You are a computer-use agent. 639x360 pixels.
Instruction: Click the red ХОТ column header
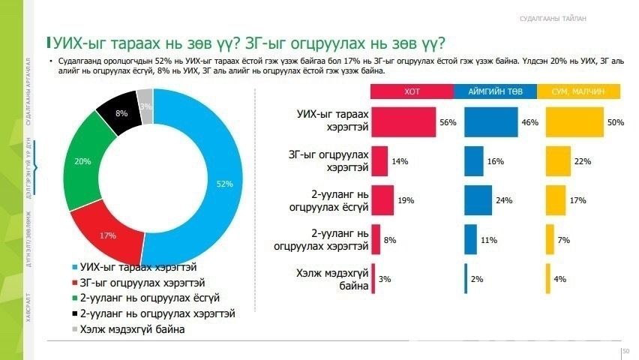click(x=412, y=91)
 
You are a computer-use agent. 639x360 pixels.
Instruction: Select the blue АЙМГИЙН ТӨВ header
click(x=494, y=91)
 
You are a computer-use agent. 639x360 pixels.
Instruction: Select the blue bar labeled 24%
click(x=478, y=200)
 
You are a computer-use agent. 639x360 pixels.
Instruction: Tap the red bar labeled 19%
click(x=382, y=200)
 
